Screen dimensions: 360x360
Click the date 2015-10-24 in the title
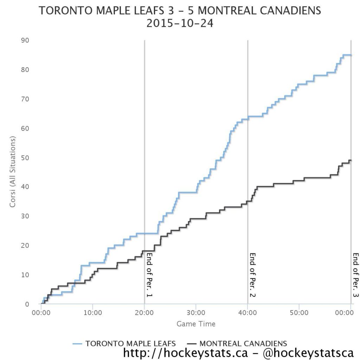[180, 24]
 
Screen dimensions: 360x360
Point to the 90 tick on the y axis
[25, 40]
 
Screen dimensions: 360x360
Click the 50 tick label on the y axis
[25, 157]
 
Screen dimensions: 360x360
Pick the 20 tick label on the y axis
[25, 245]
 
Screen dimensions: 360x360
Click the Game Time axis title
[196, 324]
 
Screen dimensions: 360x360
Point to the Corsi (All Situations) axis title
[13, 172]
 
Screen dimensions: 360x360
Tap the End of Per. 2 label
[252, 275]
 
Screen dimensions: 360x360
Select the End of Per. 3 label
[355, 275]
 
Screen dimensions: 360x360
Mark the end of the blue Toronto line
[351, 55]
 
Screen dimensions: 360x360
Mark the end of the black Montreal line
[351, 161]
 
